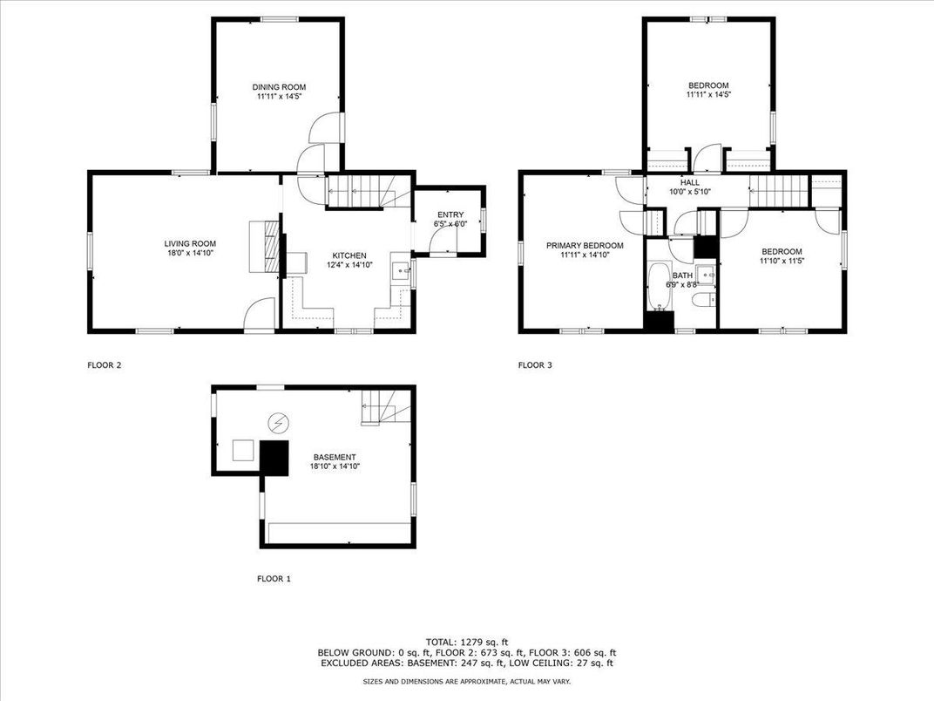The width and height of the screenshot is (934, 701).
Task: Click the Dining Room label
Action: pos(279,87)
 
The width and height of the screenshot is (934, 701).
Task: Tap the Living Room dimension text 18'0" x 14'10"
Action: pos(190,253)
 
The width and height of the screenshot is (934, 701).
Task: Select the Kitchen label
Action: pos(349,255)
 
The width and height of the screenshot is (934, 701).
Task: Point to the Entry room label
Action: pos(450,215)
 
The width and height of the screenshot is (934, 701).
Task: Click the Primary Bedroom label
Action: pos(585,246)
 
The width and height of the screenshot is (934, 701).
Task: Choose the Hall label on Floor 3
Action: pos(690,182)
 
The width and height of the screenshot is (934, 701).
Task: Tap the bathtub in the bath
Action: pos(660,286)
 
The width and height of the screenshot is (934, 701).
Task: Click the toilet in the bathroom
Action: pos(703,300)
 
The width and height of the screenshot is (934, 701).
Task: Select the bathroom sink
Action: pos(706,274)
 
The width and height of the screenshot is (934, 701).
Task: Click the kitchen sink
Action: pos(402,270)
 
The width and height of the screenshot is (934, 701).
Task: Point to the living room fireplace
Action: pos(264,247)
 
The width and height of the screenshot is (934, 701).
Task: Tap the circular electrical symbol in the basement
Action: pos(278,423)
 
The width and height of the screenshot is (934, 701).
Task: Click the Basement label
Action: pos(335,457)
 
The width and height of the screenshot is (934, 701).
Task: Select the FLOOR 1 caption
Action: pos(274,578)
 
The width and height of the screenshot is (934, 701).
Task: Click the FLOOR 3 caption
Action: pos(535,364)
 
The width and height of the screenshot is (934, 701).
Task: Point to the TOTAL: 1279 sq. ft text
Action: pos(467,642)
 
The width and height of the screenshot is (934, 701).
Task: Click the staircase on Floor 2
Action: pos(369,191)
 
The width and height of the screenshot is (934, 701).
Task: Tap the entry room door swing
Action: pos(442,240)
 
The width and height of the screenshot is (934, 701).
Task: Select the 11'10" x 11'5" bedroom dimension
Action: pos(782,261)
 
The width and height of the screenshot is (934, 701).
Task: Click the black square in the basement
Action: pos(274,458)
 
